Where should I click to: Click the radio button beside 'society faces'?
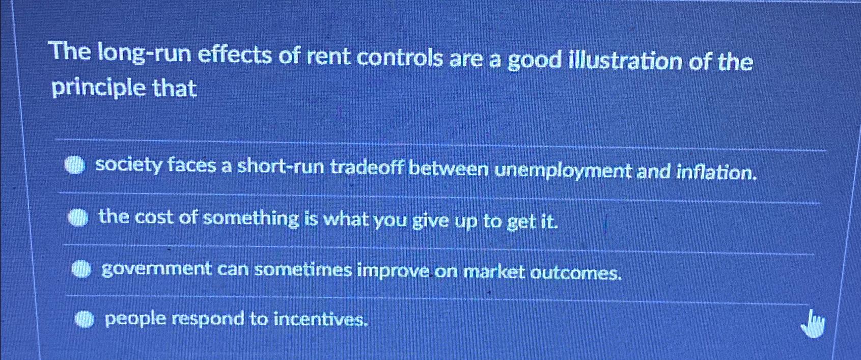coord(75,165)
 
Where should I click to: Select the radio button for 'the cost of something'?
coord(78,217)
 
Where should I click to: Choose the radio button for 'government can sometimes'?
coord(81,268)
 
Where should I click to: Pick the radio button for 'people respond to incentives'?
coord(85,319)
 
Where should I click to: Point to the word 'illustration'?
coord(624,61)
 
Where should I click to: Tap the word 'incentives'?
coord(320,320)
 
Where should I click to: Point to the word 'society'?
coord(128,164)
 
